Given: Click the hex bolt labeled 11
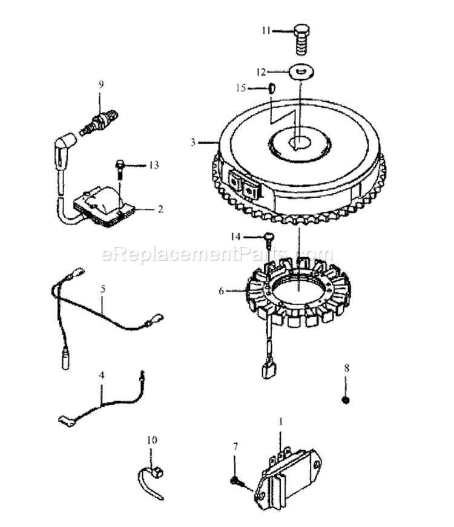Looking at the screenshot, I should pos(301,38).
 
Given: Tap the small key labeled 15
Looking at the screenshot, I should pos(272,88).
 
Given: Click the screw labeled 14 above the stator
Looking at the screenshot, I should pos(268,237).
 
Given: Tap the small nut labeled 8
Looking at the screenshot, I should pos(346,400).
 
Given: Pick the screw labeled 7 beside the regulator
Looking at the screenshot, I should pos(236,481).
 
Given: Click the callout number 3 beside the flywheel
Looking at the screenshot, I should pos(193,143).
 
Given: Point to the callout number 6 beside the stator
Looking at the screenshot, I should pos(222,291).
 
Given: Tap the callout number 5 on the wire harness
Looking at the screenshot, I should pos(103,289).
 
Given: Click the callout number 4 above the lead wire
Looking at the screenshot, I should pos(102,375).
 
